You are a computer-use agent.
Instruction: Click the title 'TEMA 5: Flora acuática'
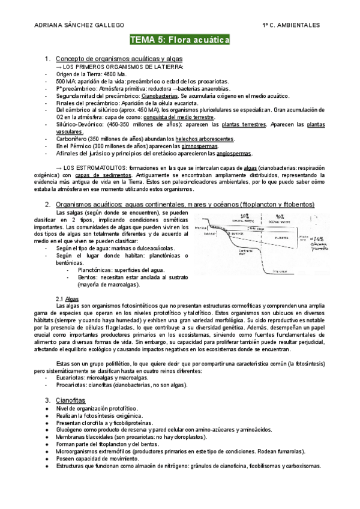180,40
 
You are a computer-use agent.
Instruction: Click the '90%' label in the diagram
280,215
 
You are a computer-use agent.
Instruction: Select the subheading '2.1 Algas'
66,298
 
